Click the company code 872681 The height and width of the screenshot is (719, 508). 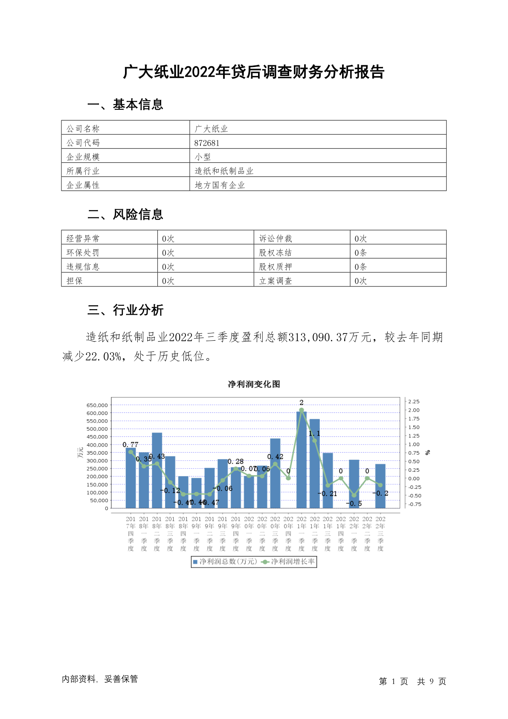point(207,143)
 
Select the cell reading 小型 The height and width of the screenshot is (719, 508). point(203,157)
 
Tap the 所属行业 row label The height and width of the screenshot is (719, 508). point(83,171)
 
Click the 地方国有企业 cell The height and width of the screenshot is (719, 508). point(220,185)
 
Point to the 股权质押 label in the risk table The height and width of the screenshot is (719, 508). point(276,267)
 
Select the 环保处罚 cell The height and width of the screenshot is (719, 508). point(83,253)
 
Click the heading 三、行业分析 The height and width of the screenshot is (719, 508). point(125,310)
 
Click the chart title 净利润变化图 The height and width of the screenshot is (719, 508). point(254,384)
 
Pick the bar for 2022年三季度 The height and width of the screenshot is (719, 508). point(380,487)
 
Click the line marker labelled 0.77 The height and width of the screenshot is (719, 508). point(131,452)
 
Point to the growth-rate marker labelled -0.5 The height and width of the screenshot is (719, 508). point(354,495)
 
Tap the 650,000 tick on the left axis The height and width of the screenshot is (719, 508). point(97,405)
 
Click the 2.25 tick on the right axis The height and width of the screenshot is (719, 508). point(414,402)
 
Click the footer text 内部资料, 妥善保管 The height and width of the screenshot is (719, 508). point(100,679)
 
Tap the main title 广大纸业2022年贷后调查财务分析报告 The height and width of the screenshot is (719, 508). point(254,72)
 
